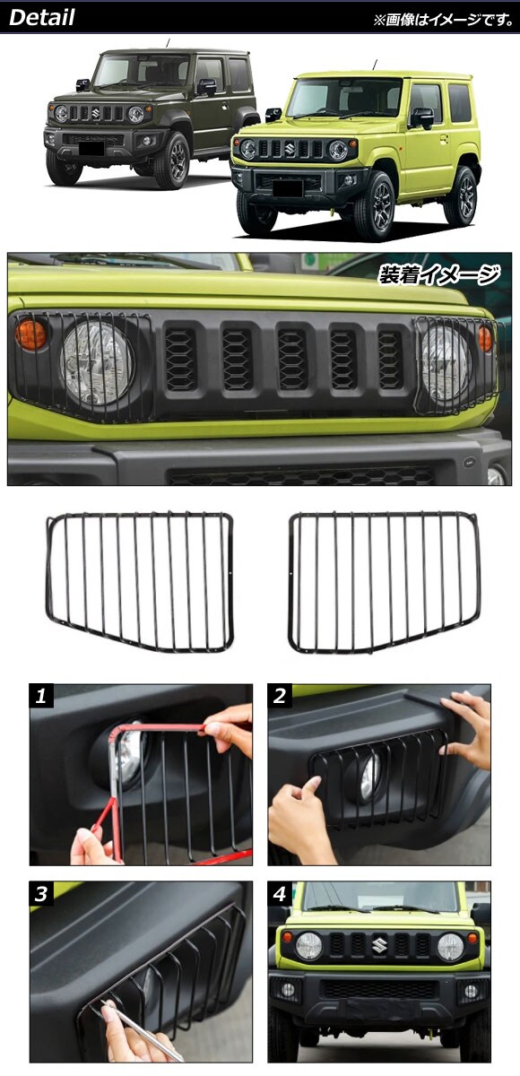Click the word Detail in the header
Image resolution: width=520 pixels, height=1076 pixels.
coord(42,18)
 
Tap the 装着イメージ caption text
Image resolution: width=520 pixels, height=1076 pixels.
coord(438,275)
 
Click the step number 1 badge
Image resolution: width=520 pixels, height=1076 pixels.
coord(41,696)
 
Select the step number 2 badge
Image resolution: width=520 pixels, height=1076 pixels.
coord(279,696)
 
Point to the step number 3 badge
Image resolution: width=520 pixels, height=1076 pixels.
coord(41,894)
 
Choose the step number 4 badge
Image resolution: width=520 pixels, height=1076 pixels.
coord(279,894)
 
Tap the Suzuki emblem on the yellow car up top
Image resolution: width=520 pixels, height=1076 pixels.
coord(289,149)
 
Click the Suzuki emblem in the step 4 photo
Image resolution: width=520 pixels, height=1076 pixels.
coord(379,945)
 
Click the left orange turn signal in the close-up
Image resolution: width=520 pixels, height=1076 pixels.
coord(30,334)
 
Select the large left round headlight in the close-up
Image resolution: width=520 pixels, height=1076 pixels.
coord(98,363)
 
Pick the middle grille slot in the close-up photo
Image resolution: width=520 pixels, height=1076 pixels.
coord(292,359)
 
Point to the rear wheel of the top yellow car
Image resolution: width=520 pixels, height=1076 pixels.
coord(460,195)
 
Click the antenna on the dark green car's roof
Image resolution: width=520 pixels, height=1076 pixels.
coord(168,43)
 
